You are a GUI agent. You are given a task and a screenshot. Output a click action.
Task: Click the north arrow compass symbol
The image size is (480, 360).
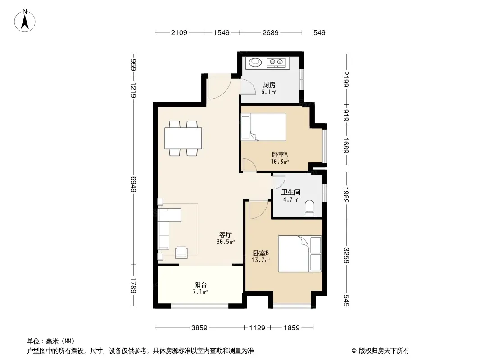point(25,21)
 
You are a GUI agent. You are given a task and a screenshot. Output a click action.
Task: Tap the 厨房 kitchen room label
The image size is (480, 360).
point(269,85)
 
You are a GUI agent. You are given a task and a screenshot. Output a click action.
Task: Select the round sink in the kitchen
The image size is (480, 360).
point(255,63)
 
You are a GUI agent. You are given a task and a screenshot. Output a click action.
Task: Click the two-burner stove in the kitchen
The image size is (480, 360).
point(276,63)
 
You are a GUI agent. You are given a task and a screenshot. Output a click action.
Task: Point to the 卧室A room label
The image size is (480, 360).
point(280,154)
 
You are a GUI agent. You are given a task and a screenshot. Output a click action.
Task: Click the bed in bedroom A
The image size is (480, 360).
point(264,127)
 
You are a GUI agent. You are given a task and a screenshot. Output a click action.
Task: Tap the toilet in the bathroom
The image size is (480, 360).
point(310,208)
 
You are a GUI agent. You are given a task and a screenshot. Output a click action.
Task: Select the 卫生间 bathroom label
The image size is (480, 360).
point(290,193)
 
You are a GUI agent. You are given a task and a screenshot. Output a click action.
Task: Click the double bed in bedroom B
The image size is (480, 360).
point(300,253)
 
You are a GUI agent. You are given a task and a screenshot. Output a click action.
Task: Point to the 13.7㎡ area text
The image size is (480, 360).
point(261,261)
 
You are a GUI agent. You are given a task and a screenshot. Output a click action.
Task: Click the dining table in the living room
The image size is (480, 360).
point(183,138)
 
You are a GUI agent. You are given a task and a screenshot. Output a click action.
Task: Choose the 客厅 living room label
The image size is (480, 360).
point(225,234)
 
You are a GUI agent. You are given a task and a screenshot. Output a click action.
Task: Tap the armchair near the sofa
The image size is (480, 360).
point(181,252)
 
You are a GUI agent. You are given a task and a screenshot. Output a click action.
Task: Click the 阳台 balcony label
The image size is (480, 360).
point(200,285)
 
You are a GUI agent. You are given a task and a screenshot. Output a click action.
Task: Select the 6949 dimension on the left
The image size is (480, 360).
point(133,184)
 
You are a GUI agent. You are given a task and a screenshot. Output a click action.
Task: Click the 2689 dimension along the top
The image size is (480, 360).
point(270,32)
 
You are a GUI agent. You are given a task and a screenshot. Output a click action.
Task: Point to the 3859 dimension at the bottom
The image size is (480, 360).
point(199,328)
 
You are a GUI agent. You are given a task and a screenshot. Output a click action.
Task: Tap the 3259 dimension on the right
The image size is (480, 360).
point(346,256)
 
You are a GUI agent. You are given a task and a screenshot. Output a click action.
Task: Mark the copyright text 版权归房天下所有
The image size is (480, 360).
point(383,351)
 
